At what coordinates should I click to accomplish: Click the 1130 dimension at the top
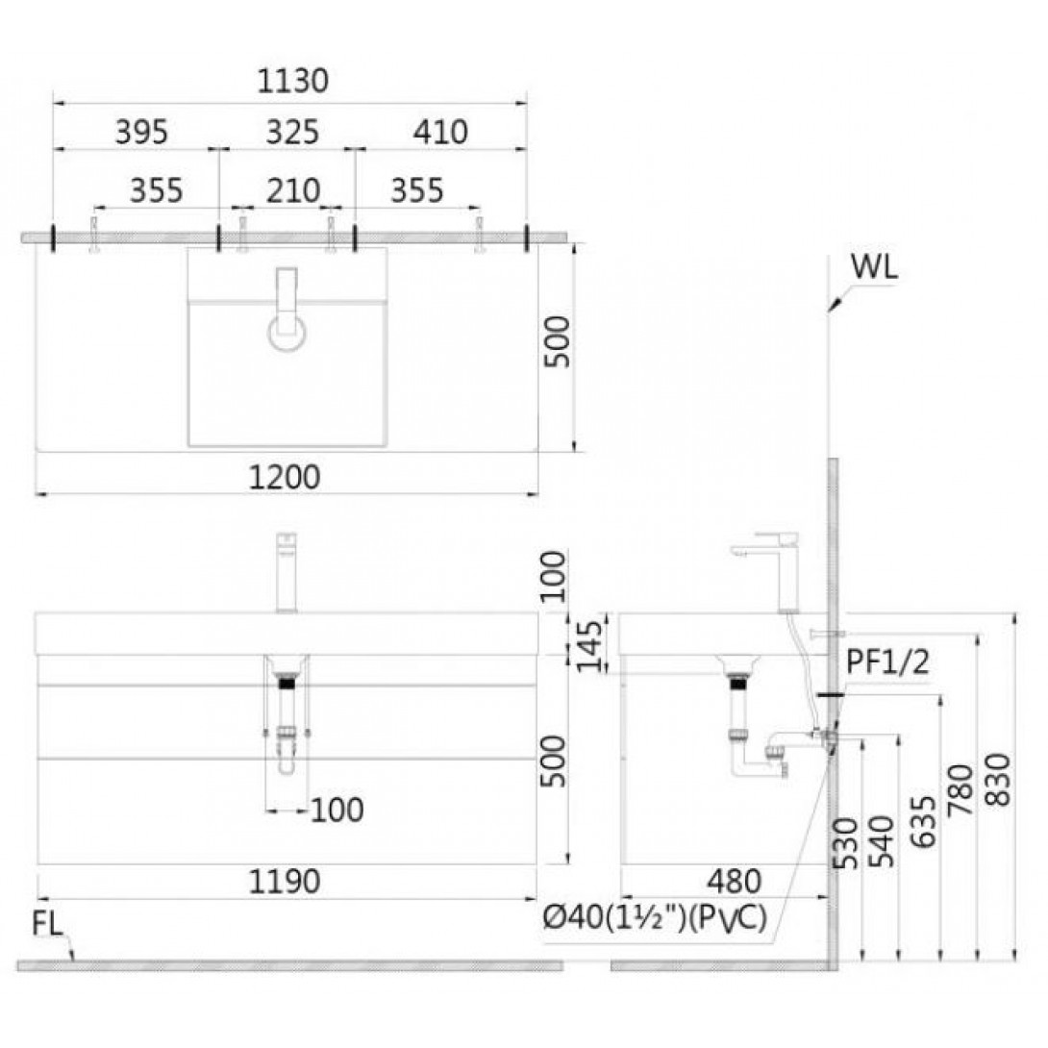point(292,81)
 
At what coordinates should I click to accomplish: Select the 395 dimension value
point(141,132)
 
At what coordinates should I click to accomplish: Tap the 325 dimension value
point(292,132)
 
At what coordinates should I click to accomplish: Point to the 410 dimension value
point(440,132)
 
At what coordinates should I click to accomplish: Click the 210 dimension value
point(293,190)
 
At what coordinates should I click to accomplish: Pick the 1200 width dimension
point(285,477)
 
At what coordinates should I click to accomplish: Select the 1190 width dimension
point(285,882)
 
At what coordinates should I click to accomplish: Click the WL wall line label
point(874,267)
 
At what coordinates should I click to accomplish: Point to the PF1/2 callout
point(887,662)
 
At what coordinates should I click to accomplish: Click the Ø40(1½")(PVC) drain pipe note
point(655,918)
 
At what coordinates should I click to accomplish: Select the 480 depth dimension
point(735,882)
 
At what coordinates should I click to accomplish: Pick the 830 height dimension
point(1000,779)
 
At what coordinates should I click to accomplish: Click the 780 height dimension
point(961,790)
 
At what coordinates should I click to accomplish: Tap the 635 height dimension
point(924,821)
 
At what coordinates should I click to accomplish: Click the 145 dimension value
point(589,646)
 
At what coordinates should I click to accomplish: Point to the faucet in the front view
point(287,572)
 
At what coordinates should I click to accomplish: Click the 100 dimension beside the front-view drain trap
point(337,811)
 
